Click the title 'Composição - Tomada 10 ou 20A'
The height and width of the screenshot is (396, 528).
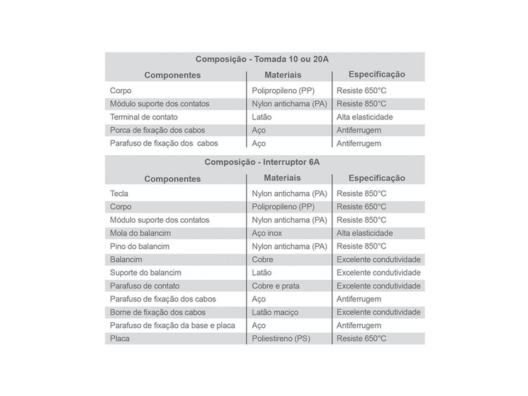[262, 59]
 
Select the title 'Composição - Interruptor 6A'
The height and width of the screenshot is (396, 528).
[262, 162]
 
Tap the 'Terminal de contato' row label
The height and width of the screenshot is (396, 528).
[144, 117]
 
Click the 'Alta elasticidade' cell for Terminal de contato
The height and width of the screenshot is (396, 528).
[365, 117]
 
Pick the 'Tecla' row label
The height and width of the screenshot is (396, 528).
[119, 194]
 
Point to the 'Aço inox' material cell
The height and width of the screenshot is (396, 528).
[267, 233]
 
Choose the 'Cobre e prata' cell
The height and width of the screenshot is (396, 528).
[275, 286]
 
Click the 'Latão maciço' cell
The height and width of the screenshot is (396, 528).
[275, 312]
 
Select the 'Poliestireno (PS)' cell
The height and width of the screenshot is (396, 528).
[281, 339]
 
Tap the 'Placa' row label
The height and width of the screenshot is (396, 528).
[120, 339]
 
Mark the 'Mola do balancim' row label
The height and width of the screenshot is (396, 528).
[140, 233]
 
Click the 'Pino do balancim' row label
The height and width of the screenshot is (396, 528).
[139, 246]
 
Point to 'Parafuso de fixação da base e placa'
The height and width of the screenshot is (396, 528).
[172, 326]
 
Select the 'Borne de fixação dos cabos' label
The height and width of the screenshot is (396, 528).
[158, 312]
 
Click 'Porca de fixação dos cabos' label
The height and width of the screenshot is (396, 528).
[158, 130]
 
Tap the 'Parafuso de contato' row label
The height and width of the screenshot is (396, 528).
[145, 286]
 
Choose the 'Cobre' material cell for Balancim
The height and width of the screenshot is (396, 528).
[263, 260]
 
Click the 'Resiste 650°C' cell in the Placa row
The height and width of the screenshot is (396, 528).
[361, 339]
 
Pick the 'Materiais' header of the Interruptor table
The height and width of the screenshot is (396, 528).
[282, 178]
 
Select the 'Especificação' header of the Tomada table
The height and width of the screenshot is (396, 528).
[377, 74]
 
